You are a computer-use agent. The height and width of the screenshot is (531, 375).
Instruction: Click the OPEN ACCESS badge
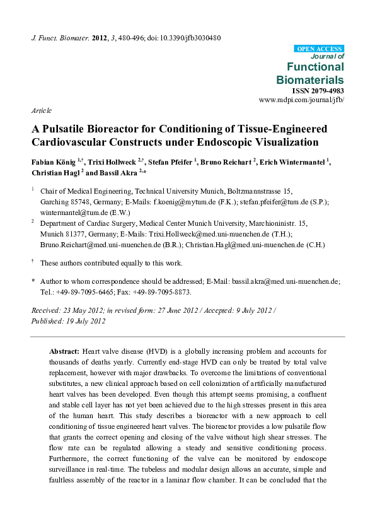click(x=319, y=49)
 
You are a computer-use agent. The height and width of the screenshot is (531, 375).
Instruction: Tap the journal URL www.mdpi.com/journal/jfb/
click(x=301, y=100)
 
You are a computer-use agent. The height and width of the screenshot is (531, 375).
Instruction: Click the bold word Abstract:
click(x=64, y=351)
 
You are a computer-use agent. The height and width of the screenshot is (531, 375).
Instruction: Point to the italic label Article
click(x=41, y=110)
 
